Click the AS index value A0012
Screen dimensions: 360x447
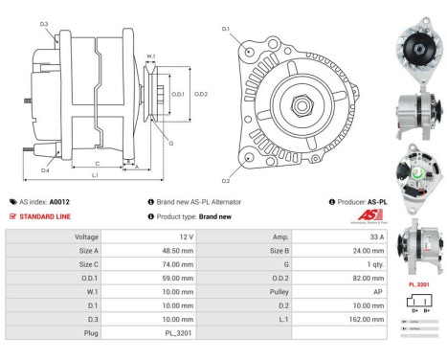tap(59, 202)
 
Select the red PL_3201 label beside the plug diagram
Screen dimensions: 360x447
tap(418, 284)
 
